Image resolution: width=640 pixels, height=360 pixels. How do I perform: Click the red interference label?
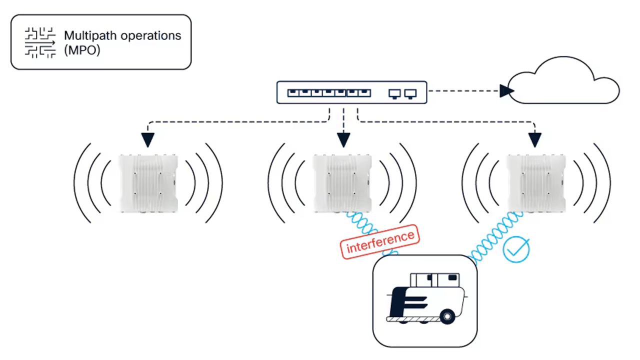click(x=379, y=242)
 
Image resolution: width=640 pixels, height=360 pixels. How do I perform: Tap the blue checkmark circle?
click(x=515, y=249)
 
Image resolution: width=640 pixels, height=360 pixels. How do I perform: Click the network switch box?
click(x=351, y=92)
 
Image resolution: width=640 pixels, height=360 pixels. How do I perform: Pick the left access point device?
click(x=148, y=183)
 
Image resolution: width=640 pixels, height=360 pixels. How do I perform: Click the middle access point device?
click(x=342, y=183)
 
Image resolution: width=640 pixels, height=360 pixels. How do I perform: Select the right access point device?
click(x=536, y=183)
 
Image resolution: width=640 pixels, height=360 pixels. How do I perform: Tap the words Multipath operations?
click(x=122, y=36)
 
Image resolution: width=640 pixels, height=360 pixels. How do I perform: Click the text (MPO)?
click(x=82, y=50)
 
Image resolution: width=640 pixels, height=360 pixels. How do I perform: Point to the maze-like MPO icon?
click(x=40, y=43)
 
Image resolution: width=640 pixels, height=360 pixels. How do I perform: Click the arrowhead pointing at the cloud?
click(x=506, y=91)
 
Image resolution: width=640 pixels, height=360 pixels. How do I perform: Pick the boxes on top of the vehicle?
click(x=434, y=280)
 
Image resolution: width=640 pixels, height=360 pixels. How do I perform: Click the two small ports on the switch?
click(x=402, y=93)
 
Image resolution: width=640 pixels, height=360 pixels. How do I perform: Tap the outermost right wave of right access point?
click(x=605, y=183)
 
